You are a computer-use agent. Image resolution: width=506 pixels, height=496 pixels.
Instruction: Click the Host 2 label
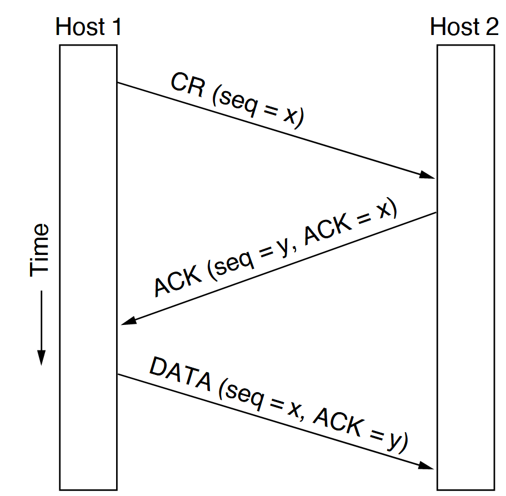pyautogui.click(x=464, y=27)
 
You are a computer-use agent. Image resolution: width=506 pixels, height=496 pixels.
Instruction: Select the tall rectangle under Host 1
pyautogui.click(x=88, y=267)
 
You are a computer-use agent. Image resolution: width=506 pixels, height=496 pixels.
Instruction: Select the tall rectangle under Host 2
pyautogui.click(x=465, y=267)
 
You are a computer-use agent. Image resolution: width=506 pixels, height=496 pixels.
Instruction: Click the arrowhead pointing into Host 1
pyautogui.click(x=129, y=322)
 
